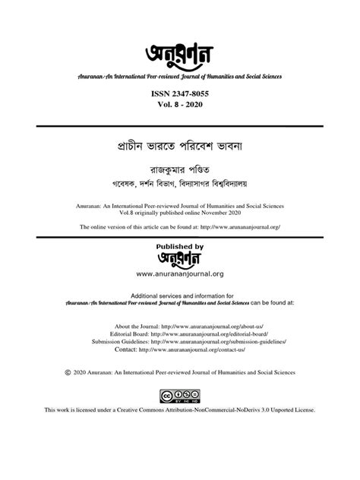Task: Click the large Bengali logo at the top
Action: click(x=180, y=54)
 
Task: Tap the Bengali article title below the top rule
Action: click(x=180, y=144)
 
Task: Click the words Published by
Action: click(x=179, y=247)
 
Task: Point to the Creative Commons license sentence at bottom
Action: click(x=180, y=431)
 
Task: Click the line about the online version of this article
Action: click(x=180, y=226)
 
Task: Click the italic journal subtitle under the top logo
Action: click(x=180, y=75)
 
